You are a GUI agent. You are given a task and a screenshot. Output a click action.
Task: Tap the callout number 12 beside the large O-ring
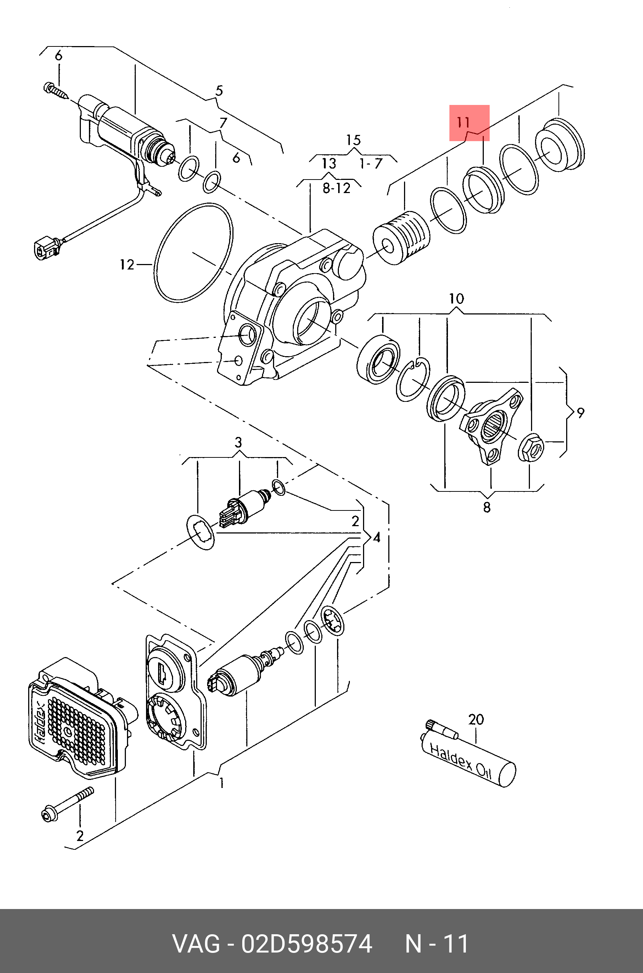127,265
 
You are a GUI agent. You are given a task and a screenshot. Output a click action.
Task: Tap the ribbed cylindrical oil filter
401,238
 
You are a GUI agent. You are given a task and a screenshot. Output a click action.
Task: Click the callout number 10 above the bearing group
456,298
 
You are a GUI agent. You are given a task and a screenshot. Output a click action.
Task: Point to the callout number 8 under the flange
486,507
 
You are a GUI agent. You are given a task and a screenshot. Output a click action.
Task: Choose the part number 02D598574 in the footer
307,941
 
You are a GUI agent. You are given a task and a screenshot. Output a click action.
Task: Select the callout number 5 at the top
219,91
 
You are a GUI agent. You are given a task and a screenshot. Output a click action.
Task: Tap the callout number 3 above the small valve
238,442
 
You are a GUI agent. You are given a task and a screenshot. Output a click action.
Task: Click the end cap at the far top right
560,145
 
